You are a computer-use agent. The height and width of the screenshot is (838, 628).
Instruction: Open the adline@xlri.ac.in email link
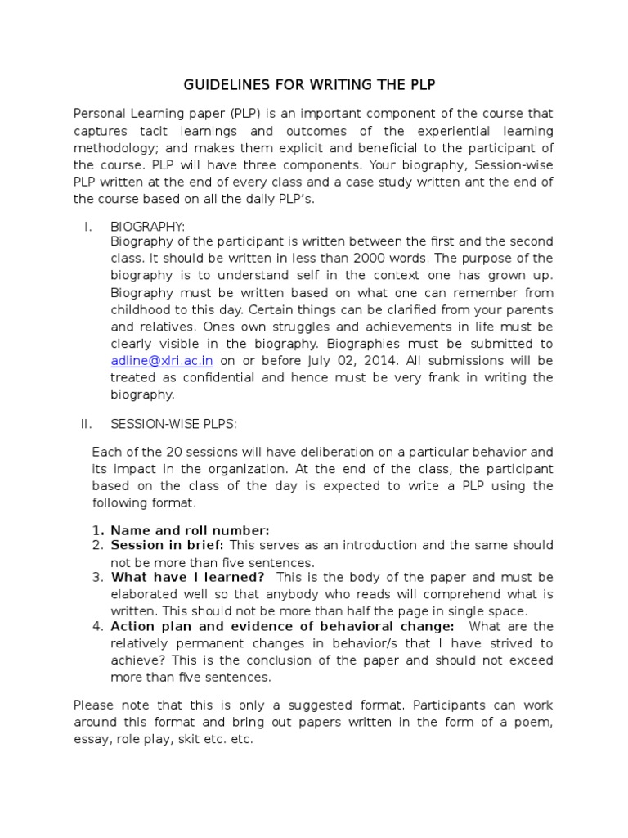162,361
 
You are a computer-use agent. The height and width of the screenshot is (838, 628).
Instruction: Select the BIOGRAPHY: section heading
148,227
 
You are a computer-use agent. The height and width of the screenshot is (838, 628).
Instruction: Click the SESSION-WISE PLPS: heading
173,424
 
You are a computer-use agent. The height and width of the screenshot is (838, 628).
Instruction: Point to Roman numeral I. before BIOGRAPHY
87,227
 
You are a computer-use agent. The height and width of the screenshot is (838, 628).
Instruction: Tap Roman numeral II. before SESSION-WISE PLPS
87,424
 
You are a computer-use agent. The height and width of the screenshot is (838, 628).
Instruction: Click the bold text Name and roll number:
190,529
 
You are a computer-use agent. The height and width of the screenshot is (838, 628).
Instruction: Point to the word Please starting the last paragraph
95,705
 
